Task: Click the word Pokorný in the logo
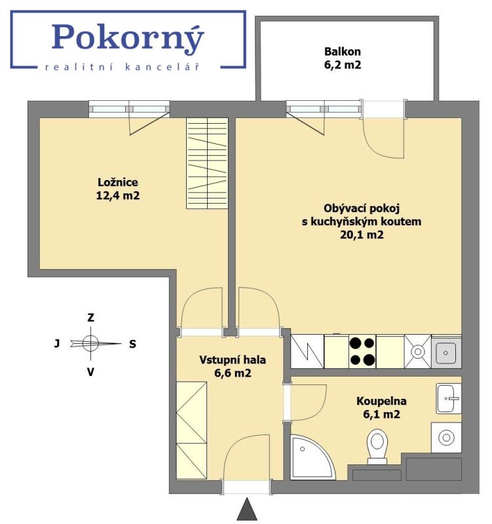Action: [128, 38]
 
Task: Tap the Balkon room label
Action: [343, 51]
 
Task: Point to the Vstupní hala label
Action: [233, 360]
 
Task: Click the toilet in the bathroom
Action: [378, 446]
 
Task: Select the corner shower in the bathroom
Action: [309, 456]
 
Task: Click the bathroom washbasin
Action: [449, 398]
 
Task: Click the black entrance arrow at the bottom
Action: [247, 509]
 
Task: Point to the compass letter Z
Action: [91, 317]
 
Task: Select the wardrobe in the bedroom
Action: [207, 163]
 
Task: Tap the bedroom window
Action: [129, 108]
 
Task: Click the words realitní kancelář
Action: [121, 67]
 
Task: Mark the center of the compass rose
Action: [91, 343]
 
